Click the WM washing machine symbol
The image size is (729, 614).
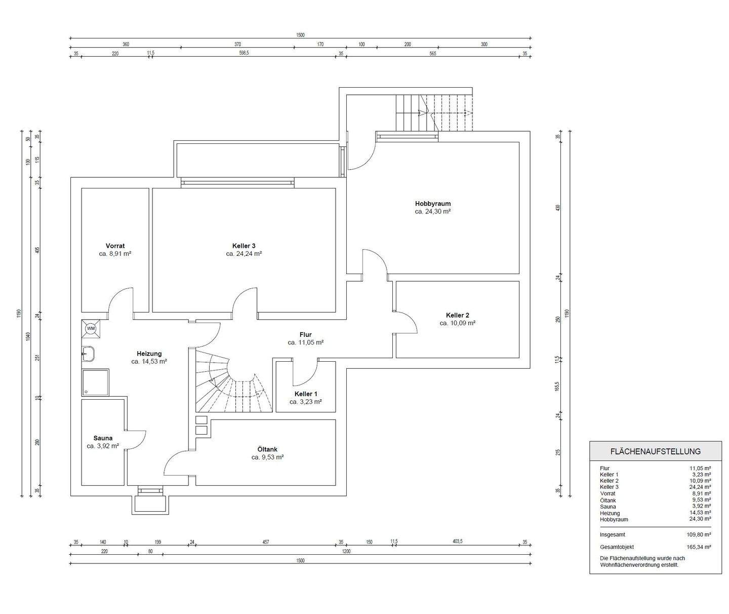91,328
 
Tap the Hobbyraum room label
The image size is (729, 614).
432,203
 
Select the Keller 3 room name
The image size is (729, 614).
244,246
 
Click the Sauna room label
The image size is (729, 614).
103,438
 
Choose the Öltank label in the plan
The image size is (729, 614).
267,449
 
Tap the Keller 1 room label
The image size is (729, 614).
306,394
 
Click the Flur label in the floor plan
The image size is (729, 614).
305,335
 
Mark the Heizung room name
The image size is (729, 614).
149,354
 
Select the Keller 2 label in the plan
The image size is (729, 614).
457,315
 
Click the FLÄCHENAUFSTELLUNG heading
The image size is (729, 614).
655,451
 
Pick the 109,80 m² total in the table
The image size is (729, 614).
699,534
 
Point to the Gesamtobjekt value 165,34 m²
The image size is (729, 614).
699,547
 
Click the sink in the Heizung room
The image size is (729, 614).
88,354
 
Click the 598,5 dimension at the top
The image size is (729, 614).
244,53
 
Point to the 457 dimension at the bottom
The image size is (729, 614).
266,542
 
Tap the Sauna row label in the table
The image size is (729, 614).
608,507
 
